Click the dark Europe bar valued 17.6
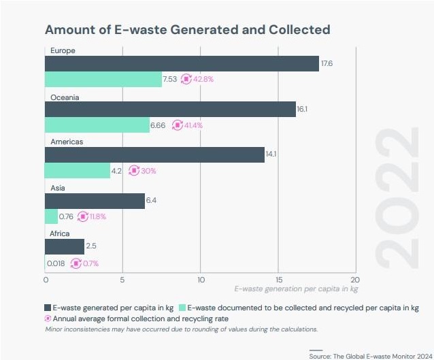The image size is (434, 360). click(182, 63)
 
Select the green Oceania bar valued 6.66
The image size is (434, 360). click(97, 125)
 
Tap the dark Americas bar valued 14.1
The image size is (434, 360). click(154, 154)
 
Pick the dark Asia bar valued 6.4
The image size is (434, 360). click(95, 200)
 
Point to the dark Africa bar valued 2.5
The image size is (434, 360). click(65, 246)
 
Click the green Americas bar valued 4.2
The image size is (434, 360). click(77, 170)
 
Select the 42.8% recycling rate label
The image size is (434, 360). click(202, 79)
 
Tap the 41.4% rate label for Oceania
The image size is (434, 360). click(191, 125)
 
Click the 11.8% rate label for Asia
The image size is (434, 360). click(95, 216)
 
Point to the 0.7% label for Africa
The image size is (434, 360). click(88, 262)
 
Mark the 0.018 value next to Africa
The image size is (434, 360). click(56, 262)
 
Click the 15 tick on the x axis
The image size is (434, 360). click(278, 279)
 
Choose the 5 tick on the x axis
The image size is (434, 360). click(122, 279)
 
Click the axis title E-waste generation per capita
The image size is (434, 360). click(297, 289)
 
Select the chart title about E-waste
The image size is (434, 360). click(187, 30)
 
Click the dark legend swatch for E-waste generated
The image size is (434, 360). click(49, 306)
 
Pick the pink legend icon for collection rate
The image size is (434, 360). click(49, 318)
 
